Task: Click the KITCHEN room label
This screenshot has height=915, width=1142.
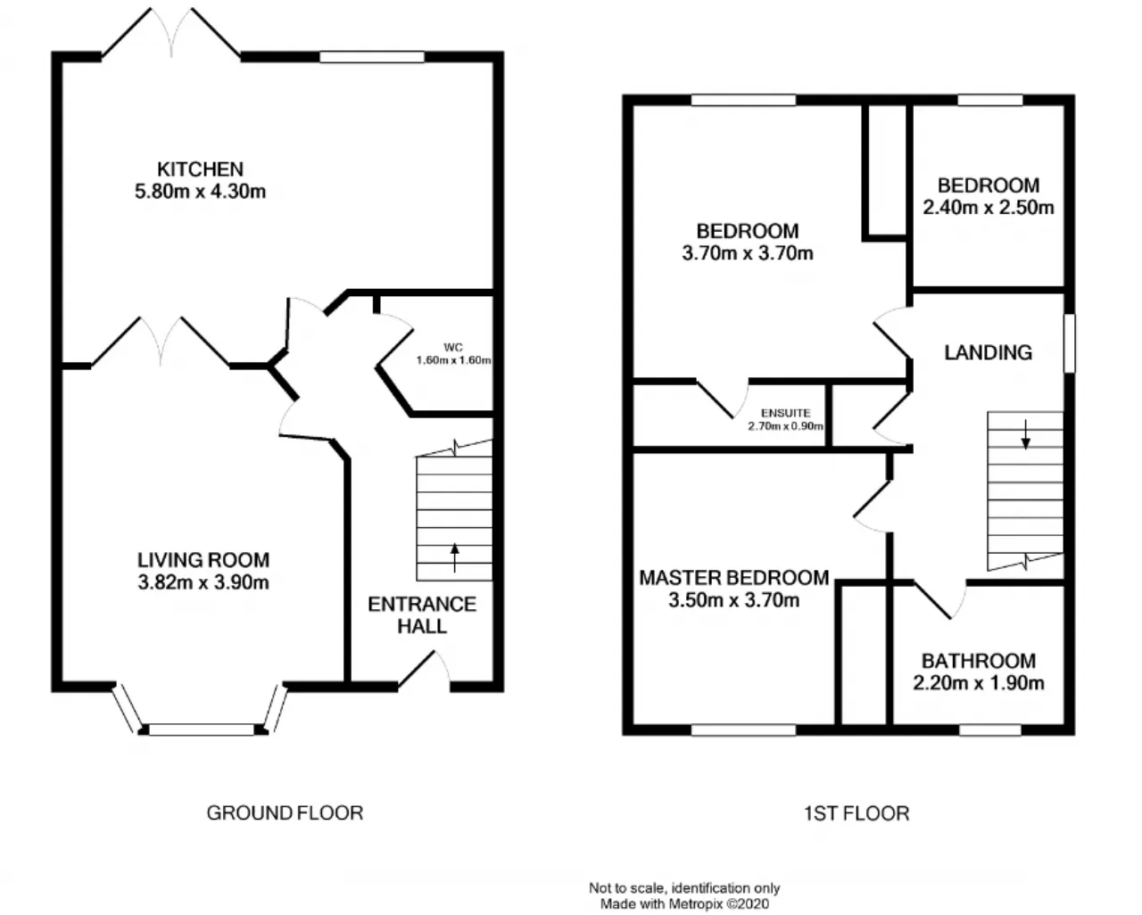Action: pos(200,169)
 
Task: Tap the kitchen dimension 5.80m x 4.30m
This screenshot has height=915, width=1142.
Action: pos(200,192)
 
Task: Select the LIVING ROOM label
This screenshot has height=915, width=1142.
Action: pos(203,560)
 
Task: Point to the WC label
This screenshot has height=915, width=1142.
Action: pos(452,348)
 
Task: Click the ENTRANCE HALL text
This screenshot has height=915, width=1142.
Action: pos(422,615)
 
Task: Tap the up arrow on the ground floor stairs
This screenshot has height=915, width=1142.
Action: pos(455,558)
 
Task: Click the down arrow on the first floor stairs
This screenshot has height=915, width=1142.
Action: pos(1026,435)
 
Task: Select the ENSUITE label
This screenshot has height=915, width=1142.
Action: pos(785,413)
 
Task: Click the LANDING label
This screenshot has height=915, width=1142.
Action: pos(989,352)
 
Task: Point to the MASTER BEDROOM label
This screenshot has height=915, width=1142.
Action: pos(734,578)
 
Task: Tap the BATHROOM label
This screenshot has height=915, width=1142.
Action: pos(979,661)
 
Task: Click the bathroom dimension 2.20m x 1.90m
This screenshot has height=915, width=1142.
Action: pos(979,682)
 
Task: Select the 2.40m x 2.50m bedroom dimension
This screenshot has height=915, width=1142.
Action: pos(989,208)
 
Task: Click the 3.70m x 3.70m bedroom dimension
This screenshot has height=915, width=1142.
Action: pos(747,253)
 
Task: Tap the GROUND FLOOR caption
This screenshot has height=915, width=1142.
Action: pos(285,812)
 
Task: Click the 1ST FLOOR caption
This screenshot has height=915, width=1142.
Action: pos(856,813)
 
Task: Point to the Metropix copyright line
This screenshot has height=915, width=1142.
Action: pos(684,903)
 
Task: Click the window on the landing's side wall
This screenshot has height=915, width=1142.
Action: pos(1070,343)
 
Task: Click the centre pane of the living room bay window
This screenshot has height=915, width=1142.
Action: pos(202,730)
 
